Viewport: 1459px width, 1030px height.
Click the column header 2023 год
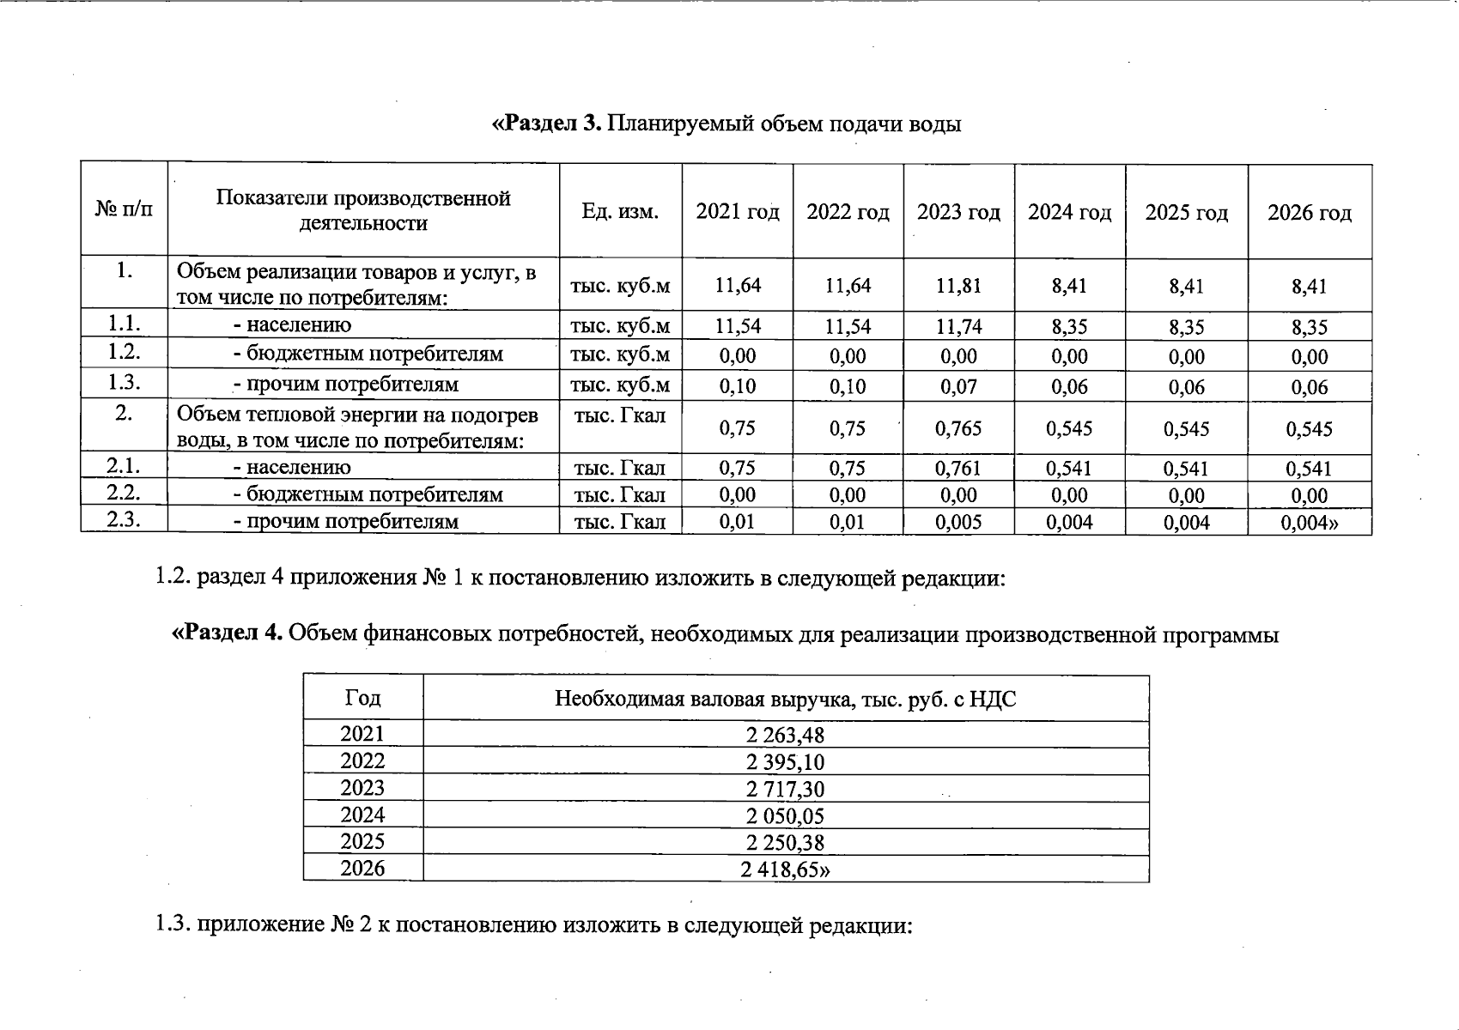[x=958, y=212]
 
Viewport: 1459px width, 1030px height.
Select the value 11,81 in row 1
[x=958, y=286]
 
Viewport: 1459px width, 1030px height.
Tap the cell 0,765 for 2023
[x=958, y=428]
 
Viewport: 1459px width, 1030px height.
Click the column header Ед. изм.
[x=620, y=211]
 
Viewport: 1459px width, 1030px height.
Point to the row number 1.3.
[x=125, y=383]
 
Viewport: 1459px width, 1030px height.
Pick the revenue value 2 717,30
[x=786, y=789]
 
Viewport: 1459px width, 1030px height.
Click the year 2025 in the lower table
[x=362, y=842]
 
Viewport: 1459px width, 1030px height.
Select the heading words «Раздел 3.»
[x=547, y=124]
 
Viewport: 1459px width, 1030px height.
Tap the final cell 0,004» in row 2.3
[x=1309, y=522]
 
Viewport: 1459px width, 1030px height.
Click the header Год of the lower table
[x=362, y=698]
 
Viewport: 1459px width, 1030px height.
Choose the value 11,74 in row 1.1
[x=958, y=326]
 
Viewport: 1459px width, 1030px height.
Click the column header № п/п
[x=125, y=209]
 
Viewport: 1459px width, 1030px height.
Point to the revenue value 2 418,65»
[x=786, y=869]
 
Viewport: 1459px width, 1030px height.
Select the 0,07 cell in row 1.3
[x=958, y=386]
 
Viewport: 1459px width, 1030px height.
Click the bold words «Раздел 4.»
[x=228, y=634]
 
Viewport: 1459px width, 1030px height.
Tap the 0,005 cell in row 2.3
[x=958, y=522]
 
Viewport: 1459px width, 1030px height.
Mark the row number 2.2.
[x=125, y=493]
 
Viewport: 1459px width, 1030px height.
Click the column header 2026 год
[x=1309, y=213]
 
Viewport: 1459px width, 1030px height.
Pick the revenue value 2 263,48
[x=786, y=735]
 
